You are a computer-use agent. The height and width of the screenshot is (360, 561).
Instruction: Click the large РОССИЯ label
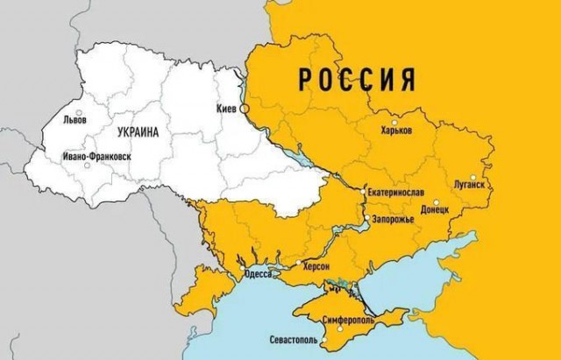pyautogui.click(x=357, y=80)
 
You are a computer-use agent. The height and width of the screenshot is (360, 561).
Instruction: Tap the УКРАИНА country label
pyautogui.click(x=136, y=132)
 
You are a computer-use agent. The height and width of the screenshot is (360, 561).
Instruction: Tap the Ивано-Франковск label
pyautogui.click(x=96, y=157)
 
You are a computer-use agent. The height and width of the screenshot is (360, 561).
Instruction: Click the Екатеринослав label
pyautogui.click(x=401, y=190)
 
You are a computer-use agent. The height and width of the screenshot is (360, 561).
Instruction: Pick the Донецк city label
pyautogui.click(x=435, y=211)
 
